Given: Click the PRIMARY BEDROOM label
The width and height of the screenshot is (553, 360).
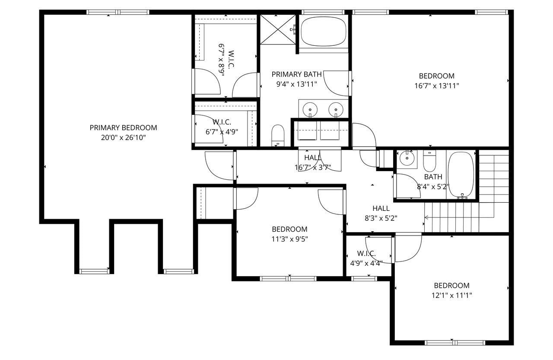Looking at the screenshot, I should click(123, 128).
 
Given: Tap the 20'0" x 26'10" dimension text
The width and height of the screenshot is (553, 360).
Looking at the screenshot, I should click(123, 138).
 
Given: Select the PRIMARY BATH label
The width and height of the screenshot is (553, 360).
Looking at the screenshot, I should click(296, 74).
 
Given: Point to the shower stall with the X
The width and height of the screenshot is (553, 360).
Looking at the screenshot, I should click(277, 29).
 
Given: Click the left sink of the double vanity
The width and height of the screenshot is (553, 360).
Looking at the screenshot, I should click(310, 109).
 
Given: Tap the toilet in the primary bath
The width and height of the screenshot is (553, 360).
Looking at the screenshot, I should click(277, 135).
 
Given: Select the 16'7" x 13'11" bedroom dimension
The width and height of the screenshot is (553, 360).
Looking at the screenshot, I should click(436, 86).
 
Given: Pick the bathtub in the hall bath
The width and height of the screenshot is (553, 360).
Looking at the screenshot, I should click(461, 175).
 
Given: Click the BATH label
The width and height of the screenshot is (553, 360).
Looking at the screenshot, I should click(433, 177).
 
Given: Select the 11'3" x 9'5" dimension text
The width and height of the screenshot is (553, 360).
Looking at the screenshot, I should click(289, 239).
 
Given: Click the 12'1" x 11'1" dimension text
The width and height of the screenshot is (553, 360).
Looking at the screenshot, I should click(452, 296).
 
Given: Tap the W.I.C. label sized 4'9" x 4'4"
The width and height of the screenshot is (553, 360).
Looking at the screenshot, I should click(366, 253).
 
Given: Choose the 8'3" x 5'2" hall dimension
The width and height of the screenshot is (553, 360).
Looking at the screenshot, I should click(381, 218).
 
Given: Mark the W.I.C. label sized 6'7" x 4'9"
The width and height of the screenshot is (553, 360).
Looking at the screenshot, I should click(222, 122).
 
